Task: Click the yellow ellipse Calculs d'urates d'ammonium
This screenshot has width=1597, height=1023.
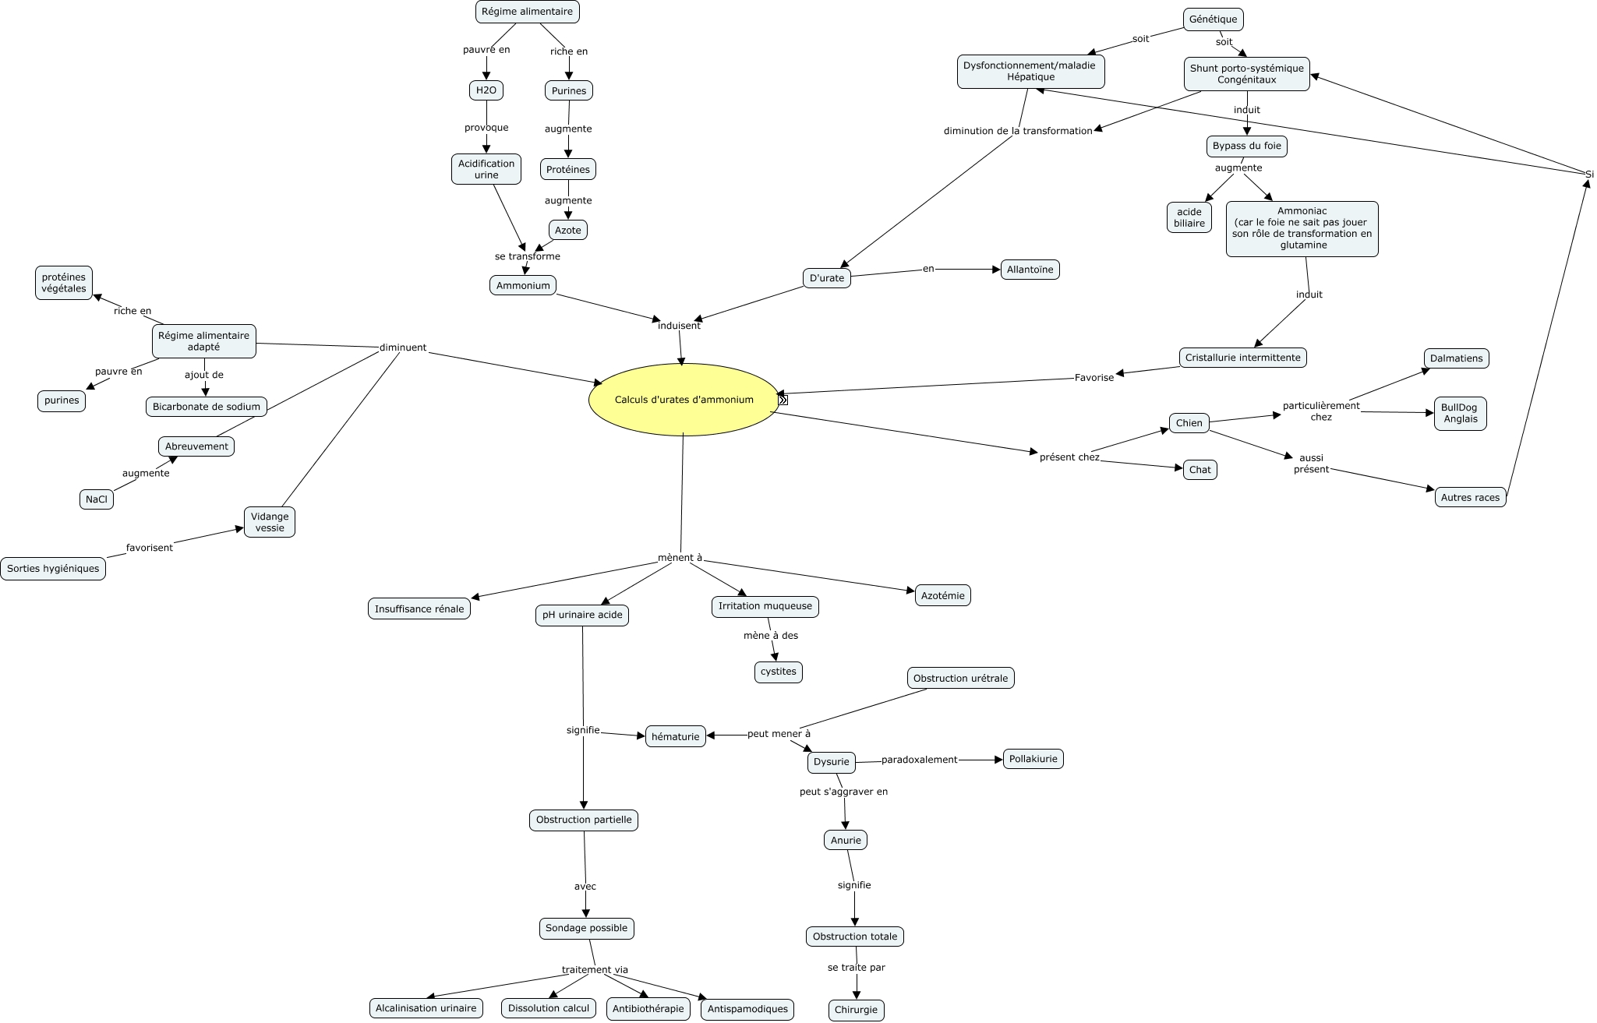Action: click(684, 400)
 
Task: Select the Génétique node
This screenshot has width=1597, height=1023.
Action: click(1213, 19)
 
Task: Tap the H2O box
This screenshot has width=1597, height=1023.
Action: click(486, 90)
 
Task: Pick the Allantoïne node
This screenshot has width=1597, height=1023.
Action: click(1030, 270)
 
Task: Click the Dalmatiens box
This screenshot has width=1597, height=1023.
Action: click(1456, 358)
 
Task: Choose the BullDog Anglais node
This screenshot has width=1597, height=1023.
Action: click(1460, 413)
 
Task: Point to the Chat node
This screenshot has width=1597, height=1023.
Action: click(1200, 470)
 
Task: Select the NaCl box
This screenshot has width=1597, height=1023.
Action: click(97, 499)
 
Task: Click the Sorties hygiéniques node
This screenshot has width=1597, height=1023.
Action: click(53, 569)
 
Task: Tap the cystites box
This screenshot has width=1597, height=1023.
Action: click(778, 672)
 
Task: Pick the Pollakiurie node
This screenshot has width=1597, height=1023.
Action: click(1033, 759)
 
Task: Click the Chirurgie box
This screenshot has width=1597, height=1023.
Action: click(856, 1010)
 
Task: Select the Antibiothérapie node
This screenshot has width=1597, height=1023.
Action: click(648, 1008)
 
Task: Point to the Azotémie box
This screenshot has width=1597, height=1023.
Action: click(942, 596)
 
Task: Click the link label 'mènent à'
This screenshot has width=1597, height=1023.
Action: click(680, 558)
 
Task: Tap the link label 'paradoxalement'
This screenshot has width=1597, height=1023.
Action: click(919, 760)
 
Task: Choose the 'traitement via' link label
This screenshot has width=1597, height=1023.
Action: click(595, 970)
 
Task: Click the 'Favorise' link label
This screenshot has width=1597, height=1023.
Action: click(1094, 378)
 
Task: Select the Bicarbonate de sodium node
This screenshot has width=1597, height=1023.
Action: click(207, 407)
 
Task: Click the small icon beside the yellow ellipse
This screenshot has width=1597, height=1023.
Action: click(783, 400)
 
